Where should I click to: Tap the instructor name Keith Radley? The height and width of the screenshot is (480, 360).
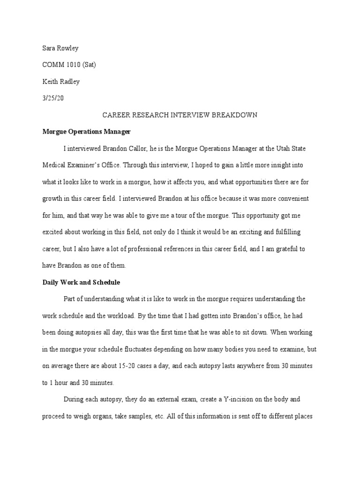click(61, 82)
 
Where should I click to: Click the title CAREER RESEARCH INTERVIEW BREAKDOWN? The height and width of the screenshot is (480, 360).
click(180, 115)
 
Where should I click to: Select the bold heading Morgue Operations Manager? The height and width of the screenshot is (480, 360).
click(86, 132)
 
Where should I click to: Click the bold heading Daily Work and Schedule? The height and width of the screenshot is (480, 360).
click(82, 282)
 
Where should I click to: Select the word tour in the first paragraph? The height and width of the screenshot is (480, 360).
click(183, 215)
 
